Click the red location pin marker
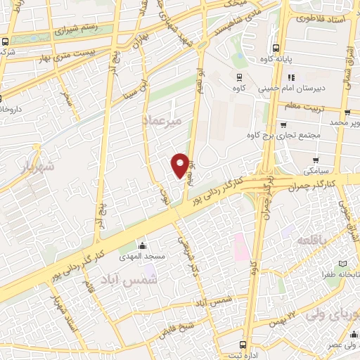coord(181,165)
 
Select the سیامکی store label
coord(316,171)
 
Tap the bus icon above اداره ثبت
coord(243,345)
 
